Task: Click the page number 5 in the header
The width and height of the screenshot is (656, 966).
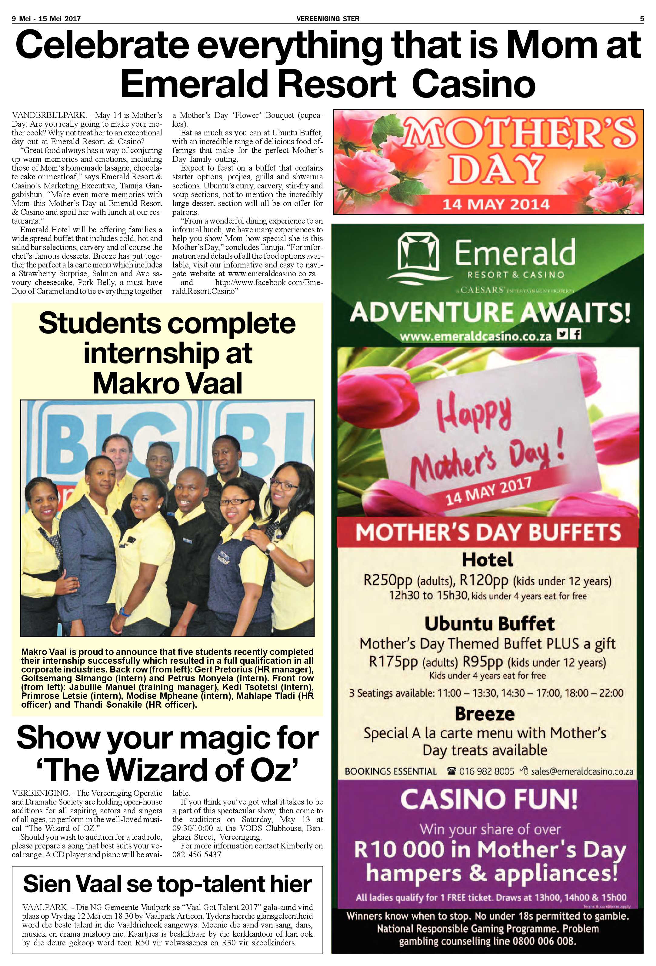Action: coord(642,18)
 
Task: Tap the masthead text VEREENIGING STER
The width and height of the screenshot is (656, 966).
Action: coord(328,18)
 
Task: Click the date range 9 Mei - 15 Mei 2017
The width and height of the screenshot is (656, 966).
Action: coord(46,18)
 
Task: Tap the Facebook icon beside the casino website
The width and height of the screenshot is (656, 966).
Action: coord(576,334)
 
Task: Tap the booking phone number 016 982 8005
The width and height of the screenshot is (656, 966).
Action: coord(486,771)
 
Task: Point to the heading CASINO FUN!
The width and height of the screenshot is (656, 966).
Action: coord(488,798)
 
